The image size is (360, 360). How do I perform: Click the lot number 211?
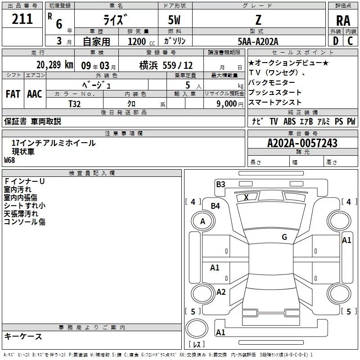pos(22,19)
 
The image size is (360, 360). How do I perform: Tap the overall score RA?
pos(343,20)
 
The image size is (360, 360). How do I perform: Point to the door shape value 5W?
pos(175,20)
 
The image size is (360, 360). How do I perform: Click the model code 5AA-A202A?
pos(258,41)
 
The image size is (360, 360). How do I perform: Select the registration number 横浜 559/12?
pos(166,64)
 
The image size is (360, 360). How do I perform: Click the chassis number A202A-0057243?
pos(302,143)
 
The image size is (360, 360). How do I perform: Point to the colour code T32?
pos(75,103)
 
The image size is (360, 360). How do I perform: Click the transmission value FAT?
pos(13,94)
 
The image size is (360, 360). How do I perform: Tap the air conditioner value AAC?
pos(34,94)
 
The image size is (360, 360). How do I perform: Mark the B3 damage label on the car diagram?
pos(220,184)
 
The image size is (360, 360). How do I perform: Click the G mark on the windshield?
pos(284,237)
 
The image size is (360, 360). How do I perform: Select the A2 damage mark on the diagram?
pos(221,292)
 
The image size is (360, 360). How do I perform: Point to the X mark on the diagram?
pos(246,197)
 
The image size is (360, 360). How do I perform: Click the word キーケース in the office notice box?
pos(23,336)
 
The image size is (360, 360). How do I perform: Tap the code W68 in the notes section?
pos(9,160)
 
